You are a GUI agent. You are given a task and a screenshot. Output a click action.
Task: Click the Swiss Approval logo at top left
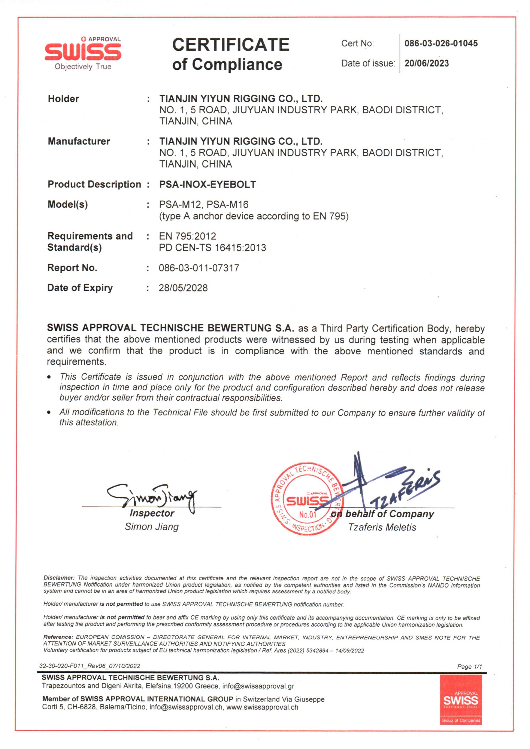[83, 53]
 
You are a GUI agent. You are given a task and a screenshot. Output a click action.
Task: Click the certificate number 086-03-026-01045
[441, 43]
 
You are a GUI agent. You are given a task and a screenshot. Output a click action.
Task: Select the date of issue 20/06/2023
[427, 63]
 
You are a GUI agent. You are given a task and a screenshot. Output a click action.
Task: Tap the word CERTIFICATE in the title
[231, 45]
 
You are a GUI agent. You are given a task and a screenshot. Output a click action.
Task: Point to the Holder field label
[63, 99]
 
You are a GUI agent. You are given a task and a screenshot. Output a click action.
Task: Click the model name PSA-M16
[227, 205]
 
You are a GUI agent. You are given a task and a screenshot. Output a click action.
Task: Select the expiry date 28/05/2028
[183, 288]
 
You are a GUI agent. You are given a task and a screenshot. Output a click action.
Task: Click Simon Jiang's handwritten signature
[152, 497]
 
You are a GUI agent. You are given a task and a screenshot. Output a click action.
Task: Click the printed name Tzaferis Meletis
[382, 528]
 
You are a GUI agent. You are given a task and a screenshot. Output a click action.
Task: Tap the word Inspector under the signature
[152, 513]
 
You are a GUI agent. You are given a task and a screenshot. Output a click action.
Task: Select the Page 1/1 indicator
[469, 666]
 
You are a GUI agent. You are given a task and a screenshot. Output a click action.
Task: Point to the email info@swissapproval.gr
[258, 686]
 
